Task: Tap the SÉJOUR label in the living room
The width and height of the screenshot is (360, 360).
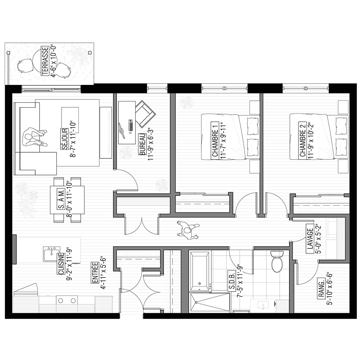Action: [64, 139]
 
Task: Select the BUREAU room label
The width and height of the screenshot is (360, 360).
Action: [142, 144]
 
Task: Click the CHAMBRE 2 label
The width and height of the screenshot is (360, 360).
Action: [303, 140]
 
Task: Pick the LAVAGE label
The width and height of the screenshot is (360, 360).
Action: [310, 239]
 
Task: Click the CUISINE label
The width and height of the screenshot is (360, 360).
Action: [61, 264]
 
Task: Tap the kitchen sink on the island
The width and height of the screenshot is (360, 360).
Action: [52, 254]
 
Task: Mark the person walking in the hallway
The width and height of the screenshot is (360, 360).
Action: [188, 230]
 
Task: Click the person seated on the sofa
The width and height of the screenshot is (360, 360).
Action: [35, 137]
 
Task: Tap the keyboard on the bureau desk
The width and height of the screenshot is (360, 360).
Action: [131, 125]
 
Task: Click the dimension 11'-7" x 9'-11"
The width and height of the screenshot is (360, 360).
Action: [223, 140]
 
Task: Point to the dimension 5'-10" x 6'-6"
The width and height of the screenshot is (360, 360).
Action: [330, 289]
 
